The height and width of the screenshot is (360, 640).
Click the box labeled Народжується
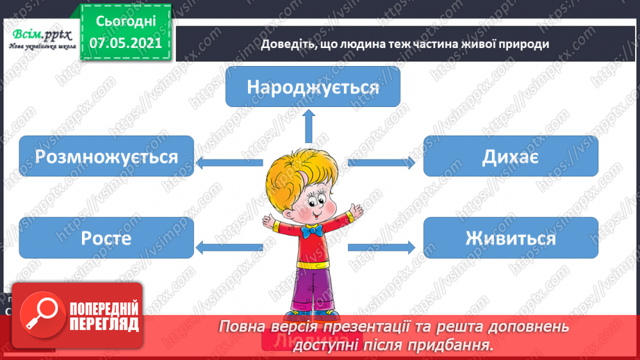[x=313, y=88]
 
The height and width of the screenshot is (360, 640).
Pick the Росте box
[x=106, y=238]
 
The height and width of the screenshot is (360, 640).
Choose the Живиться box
[x=510, y=238]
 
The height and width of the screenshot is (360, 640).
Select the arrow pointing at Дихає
[x=381, y=163]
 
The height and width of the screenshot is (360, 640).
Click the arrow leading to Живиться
[x=381, y=246]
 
